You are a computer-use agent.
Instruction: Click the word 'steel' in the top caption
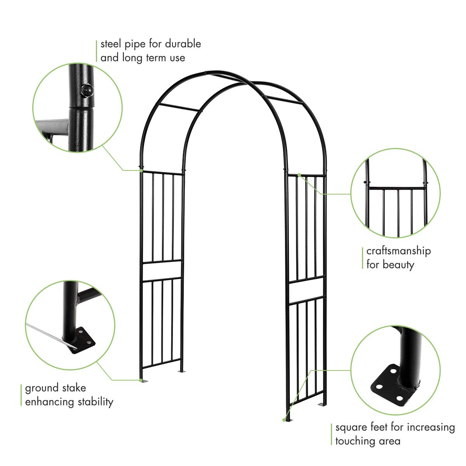click(x=111, y=44)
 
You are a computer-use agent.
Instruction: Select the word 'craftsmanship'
click(x=398, y=251)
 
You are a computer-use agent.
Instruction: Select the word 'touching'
click(x=355, y=441)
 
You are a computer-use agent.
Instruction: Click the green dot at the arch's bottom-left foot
click(x=141, y=380)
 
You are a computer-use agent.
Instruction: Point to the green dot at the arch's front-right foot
click(x=283, y=419)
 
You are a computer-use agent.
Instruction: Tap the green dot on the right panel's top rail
click(x=299, y=175)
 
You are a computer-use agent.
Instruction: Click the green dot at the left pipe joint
click(x=141, y=170)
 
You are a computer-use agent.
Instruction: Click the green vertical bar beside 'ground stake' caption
click(x=21, y=395)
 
